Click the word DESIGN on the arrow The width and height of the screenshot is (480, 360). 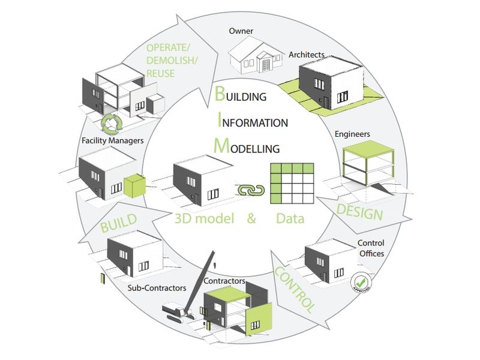[x=359, y=211]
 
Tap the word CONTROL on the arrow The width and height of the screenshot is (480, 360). [x=295, y=290]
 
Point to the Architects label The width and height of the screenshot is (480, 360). [x=307, y=55]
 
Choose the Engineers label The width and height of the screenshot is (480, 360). [x=353, y=134]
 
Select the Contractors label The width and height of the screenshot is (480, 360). [x=225, y=280]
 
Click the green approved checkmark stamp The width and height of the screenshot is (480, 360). [x=362, y=281]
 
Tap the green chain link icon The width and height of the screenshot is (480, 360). [x=251, y=190]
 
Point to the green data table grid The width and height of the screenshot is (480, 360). [x=293, y=185]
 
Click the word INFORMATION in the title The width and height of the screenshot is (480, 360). [x=255, y=123]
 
